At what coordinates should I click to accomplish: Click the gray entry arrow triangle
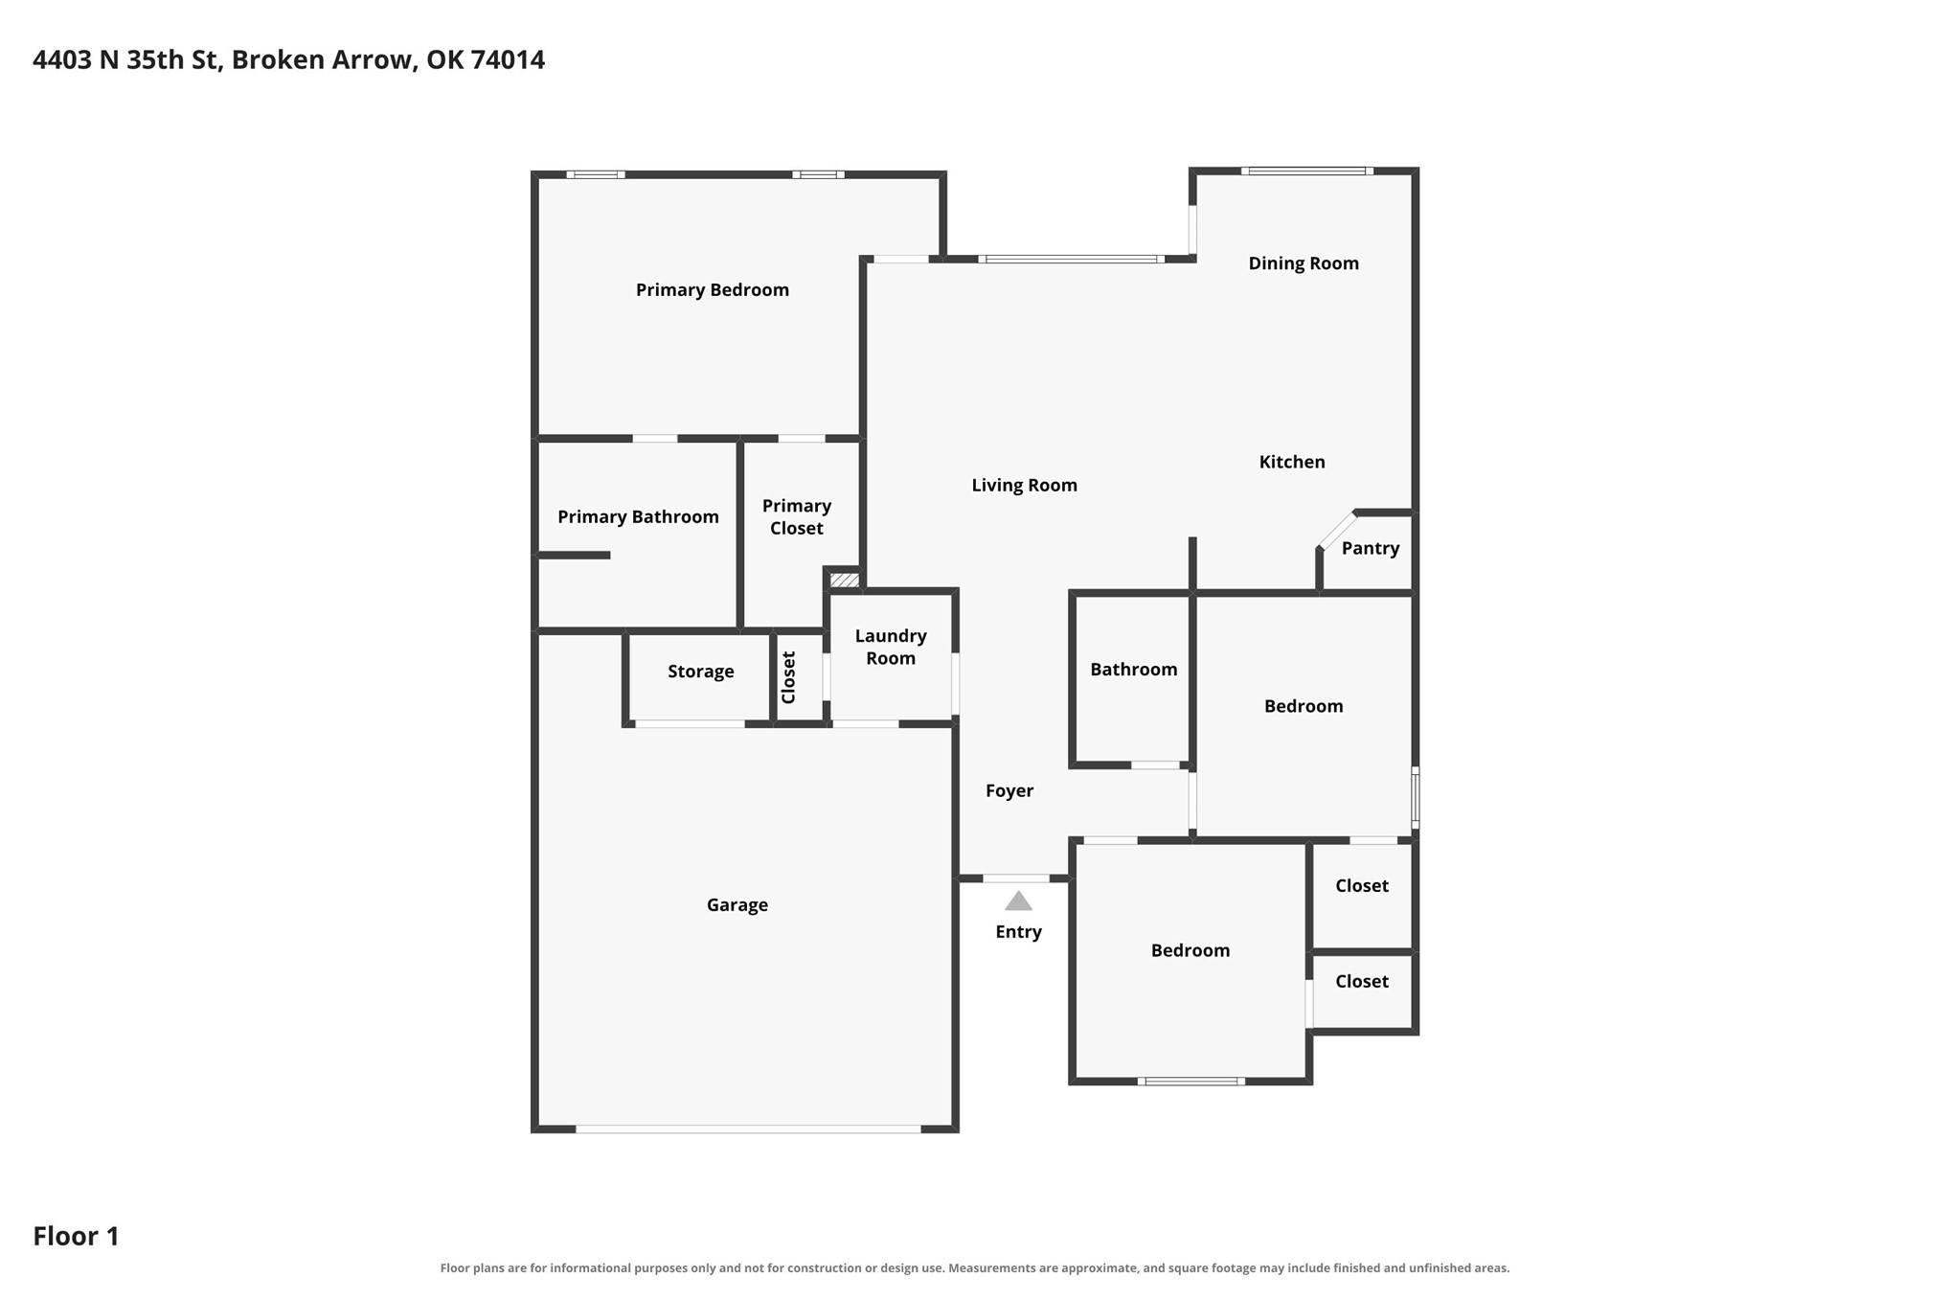pyautogui.click(x=1018, y=901)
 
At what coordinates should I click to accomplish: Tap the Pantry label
pyautogui.click(x=1370, y=548)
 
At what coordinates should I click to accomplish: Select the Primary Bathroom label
pyautogui.click(x=638, y=517)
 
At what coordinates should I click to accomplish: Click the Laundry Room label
pyautogui.click(x=891, y=647)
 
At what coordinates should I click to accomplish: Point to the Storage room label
pyautogui.click(x=700, y=672)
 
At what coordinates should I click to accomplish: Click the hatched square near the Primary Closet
pyautogui.click(x=844, y=580)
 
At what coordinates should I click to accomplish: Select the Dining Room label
pyautogui.click(x=1303, y=263)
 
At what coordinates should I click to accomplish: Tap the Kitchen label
pyautogui.click(x=1291, y=462)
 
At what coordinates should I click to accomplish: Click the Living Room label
pyautogui.click(x=1024, y=486)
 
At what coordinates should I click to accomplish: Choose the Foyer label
pyautogui.click(x=1009, y=790)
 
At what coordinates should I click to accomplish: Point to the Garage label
pyautogui.click(x=737, y=905)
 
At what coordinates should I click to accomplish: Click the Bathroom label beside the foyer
pyautogui.click(x=1133, y=670)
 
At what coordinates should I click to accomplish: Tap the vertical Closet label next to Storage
pyautogui.click(x=788, y=677)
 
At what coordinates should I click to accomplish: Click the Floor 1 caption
pyautogui.click(x=76, y=1236)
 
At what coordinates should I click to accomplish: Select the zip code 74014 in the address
pyautogui.click(x=508, y=59)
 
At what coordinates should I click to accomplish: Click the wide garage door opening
pyautogui.click(x=748, y=1129)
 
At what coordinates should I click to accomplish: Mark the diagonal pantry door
pyautogui.click(x=1338, y=530)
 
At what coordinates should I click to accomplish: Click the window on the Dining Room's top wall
pyautogui.click(x=1306, y=171)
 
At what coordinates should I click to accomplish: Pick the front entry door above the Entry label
pyautogui.click(x=1016, y=878)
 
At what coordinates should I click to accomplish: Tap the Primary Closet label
pyautogui.click(x=796, y=517)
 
